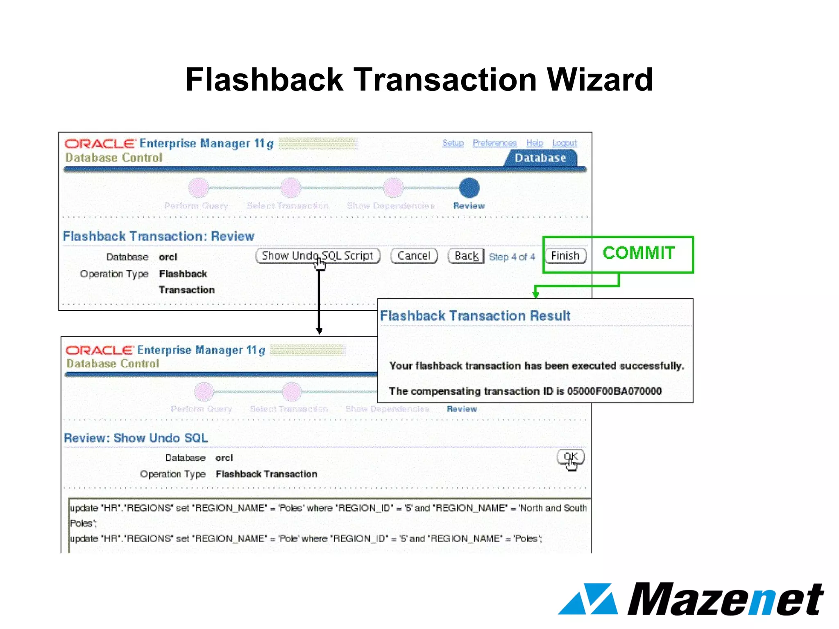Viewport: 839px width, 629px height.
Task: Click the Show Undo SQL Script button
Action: pyautogui.click(x=317, y=256)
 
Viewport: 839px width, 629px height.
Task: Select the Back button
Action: pyautogui.click(x=466, y=256)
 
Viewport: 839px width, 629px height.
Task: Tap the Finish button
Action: pyautogui.click(x=565, y=256)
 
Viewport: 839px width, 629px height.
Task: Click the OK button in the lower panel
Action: pyautogui.click(x=570, y=457)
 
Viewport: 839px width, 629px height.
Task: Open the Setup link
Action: pyautogui.click(x=453, y=143)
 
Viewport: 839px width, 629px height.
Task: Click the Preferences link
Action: pyautogui.click(x=494, y=143)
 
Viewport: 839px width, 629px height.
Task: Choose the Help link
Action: pyautogui.click(x=535, y=143)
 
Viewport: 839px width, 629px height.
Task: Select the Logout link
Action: pyautogui.click(x=564, y=143)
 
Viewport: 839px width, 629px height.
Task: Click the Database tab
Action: pyautogui.click(x=540, y=158)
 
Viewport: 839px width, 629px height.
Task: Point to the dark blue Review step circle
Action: pyautogui.click(x=469, y=188)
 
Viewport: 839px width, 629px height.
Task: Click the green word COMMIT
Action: pyautogui.click(x=639, y=253)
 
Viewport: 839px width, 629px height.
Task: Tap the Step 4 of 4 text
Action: pyautogui.click(x=512, y=257)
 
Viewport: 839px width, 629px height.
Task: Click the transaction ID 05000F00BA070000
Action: pyautogui.click(x=614, y=391)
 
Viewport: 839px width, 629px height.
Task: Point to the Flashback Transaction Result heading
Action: pyautogui.click(x=475, y=316)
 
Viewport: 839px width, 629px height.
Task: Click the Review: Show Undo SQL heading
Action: pyautogui.click(x=136, y=438)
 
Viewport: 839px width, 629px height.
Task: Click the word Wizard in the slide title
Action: pyautogui.click(x=600, y=79)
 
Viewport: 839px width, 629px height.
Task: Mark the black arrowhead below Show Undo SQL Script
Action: pyautogui.click(x=319, y=330)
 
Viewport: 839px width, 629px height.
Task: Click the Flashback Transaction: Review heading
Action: pyautogui.click(x=159, y=236)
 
